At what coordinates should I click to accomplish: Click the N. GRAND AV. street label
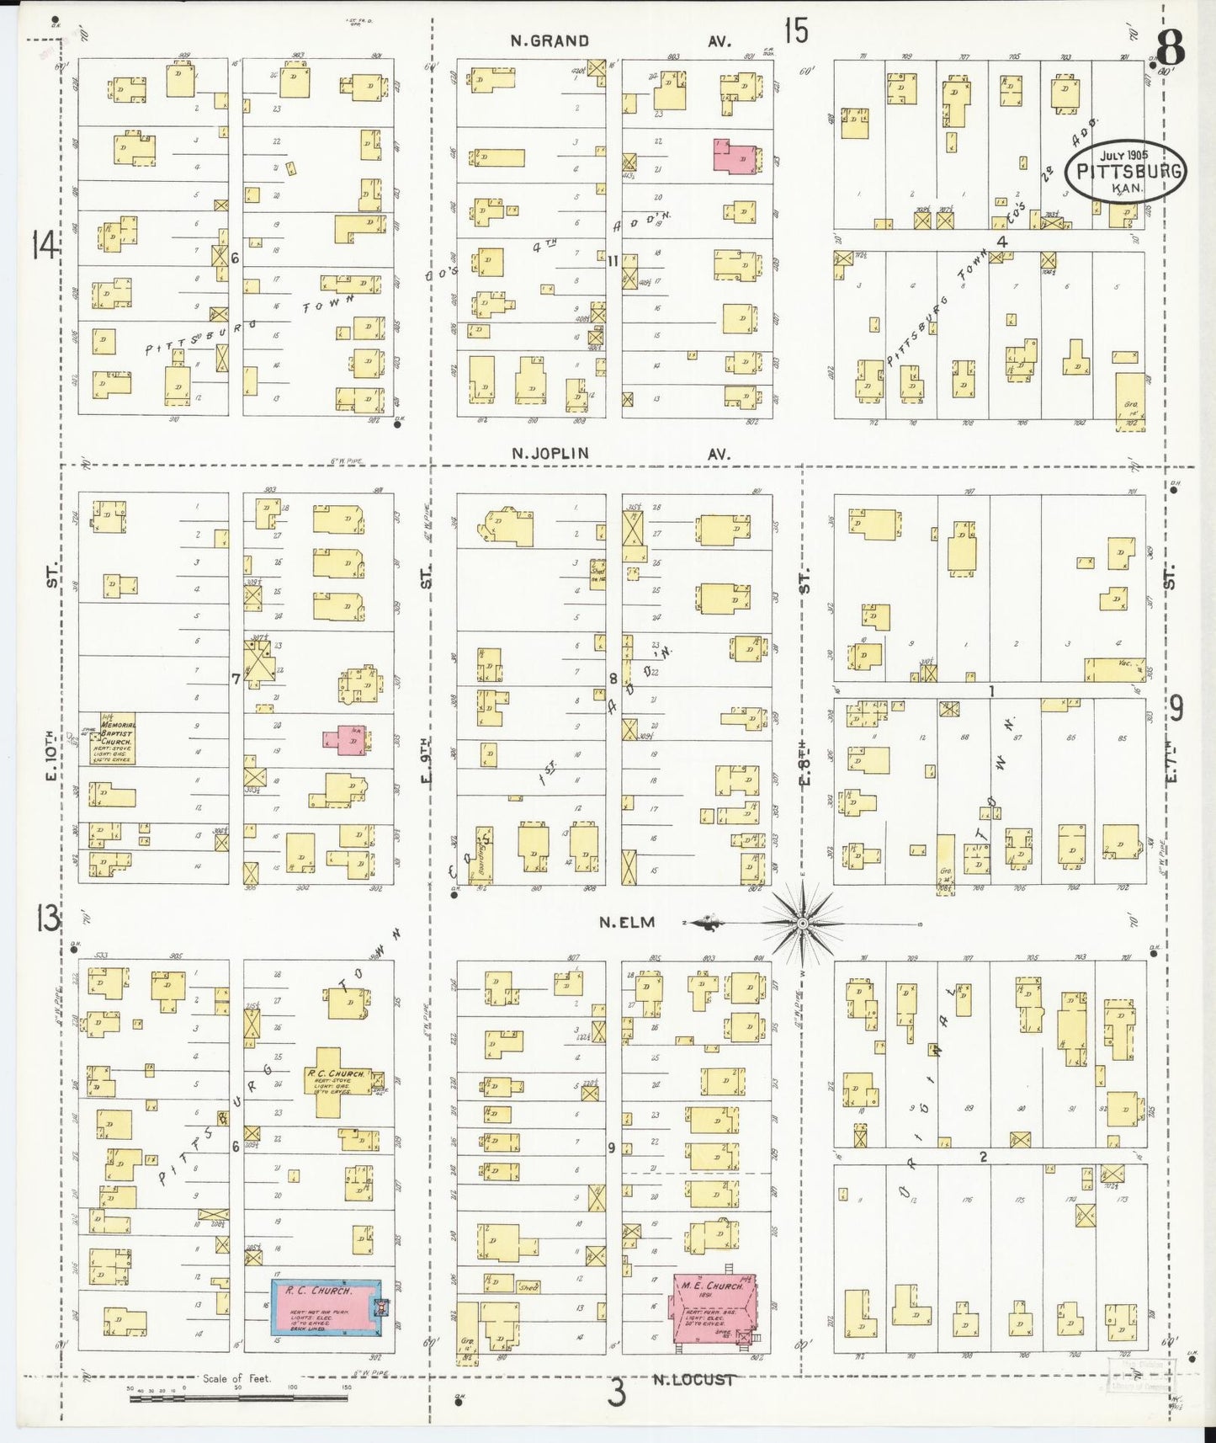[x=621, y=40]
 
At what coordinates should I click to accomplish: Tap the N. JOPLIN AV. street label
[x=621, y=454]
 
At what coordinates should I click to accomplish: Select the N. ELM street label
[x=627, y=922]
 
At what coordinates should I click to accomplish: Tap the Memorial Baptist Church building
[x=117, y=738]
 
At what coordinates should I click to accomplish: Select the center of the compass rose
[x=802, y=924]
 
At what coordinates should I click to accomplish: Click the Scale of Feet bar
[x=238, y=1398]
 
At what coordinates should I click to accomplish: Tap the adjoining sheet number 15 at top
[x=795, y=31]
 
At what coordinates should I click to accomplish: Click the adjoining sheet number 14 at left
[x=45, y=246]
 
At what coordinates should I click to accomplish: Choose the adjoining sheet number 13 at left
[x=47, y=918]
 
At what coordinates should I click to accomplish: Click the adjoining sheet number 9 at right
[x=1176, y=708]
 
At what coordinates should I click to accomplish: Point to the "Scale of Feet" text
[x=236, y=1378]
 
